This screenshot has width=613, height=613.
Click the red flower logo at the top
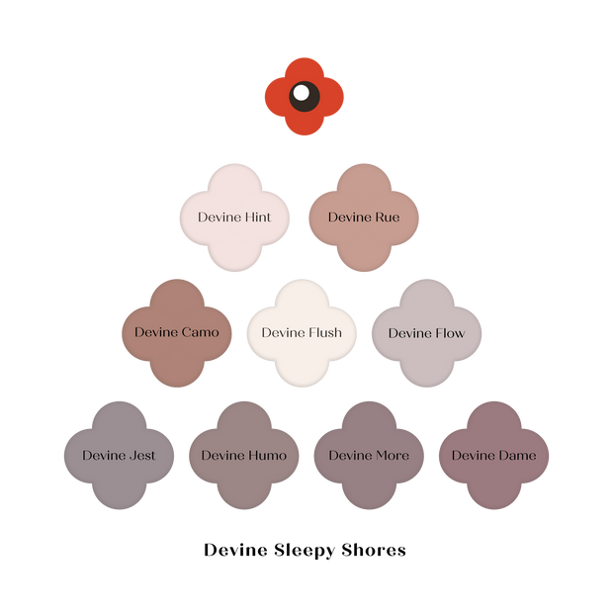click(305, 96)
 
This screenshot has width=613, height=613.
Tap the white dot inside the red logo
click(301, 93)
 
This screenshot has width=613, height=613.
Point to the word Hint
click(257, 218)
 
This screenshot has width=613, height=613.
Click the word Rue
click(387, 218)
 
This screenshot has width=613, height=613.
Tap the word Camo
click(201, 333)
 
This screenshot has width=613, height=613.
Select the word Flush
click(324, 333)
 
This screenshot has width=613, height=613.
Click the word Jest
click(141, 456)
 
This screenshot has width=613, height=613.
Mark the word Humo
click(266, 456)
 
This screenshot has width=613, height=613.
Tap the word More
click(392, 456)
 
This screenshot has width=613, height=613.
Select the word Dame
click(517, 456)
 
